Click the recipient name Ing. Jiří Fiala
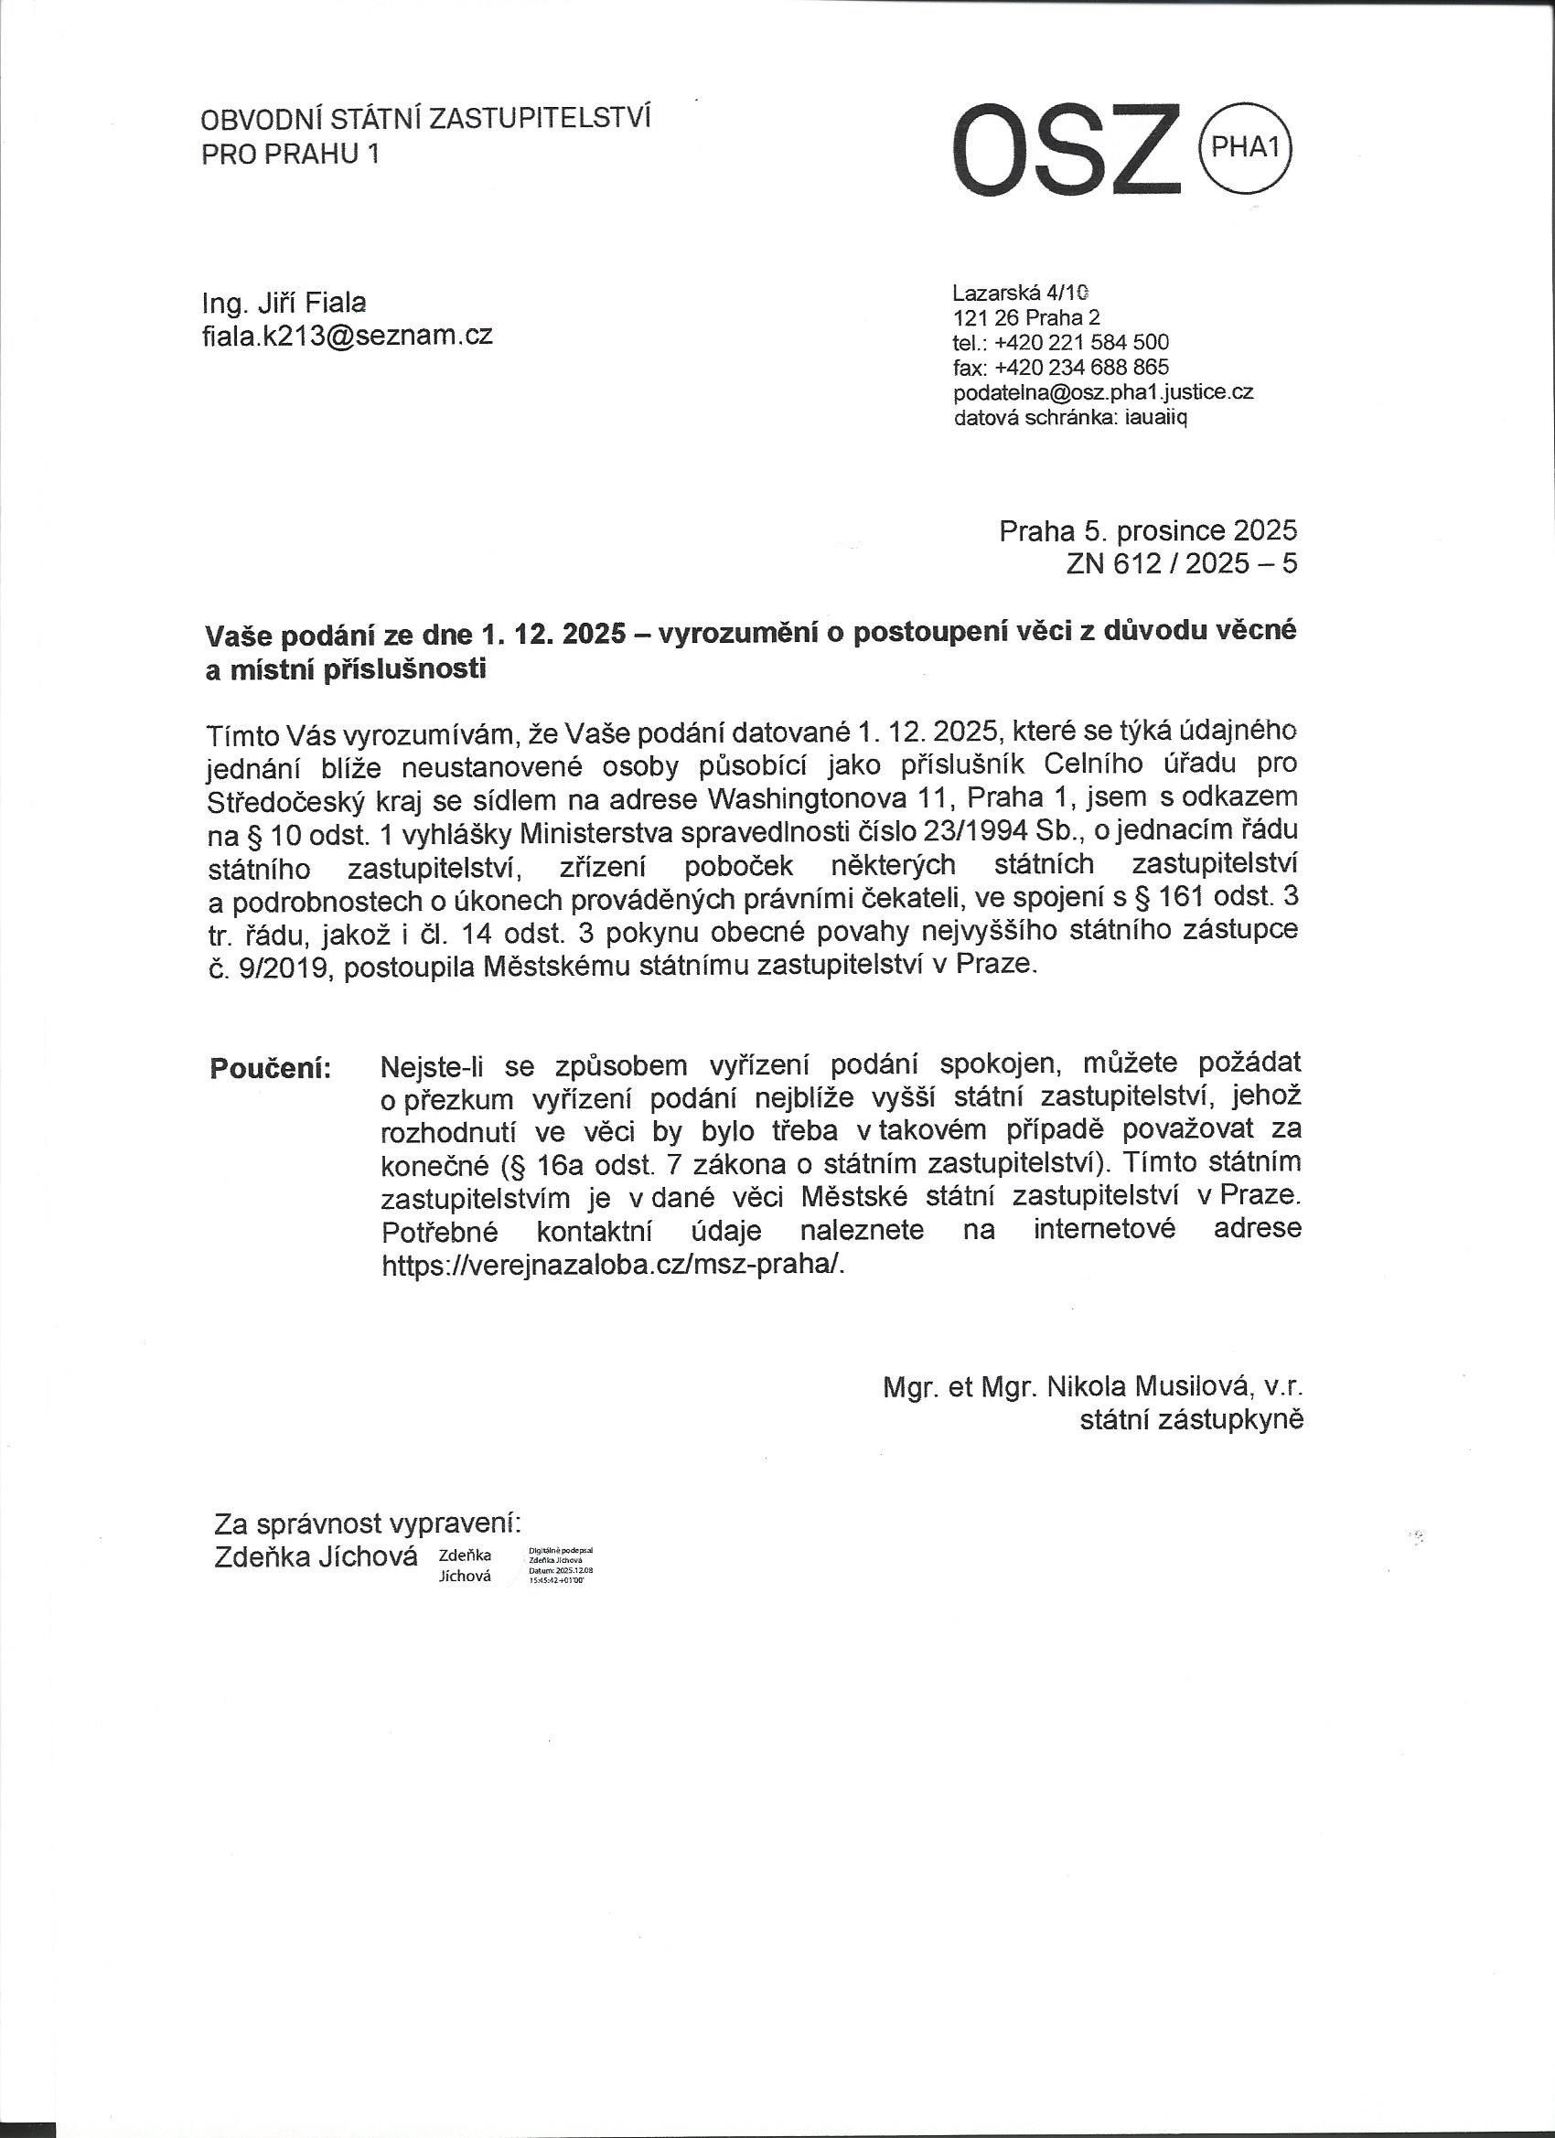(x=284, y=303)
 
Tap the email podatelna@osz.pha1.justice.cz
(x=1103, y=392)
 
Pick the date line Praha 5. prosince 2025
(x=1148, y=531)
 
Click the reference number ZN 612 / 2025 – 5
(x=1182, y=563)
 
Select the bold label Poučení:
(x=270, y=1068)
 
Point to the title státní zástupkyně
(x=1191, y=1418)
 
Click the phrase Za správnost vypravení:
(x=368, y=1523)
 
